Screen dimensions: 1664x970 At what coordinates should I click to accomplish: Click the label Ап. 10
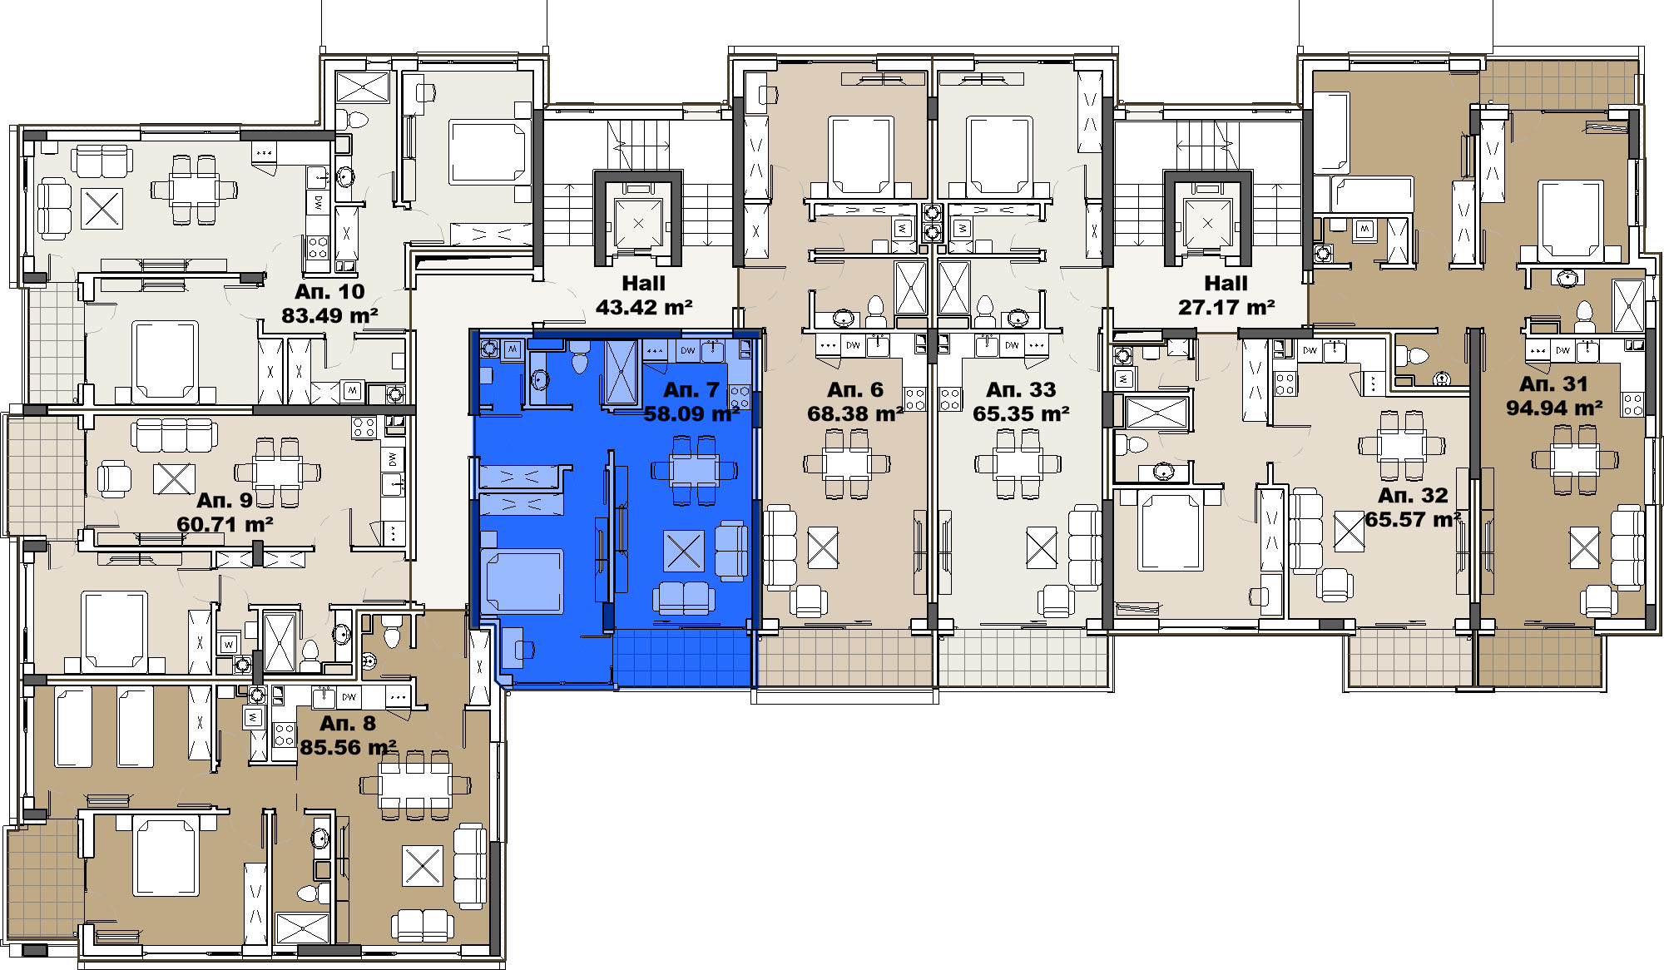point(329,292)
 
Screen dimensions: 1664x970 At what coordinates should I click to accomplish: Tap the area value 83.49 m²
point(329,316)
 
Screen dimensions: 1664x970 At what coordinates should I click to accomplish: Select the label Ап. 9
point(225,501)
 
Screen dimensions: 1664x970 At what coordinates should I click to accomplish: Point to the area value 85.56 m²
point(348,747)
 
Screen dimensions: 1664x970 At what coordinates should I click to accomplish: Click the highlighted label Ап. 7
point(691,390)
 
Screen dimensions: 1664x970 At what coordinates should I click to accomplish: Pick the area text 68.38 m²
point(855,413)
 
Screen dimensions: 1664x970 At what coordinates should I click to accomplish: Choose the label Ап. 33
point(1021,390)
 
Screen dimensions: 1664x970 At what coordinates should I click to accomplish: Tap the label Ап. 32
point(1413,496)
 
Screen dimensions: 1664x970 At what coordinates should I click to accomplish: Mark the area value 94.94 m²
point(1554,408)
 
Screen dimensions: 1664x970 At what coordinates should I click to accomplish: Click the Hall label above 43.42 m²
point(644,284)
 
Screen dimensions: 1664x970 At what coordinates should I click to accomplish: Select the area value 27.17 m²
point(1226,308)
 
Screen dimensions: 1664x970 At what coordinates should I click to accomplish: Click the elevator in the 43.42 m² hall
point(638,224)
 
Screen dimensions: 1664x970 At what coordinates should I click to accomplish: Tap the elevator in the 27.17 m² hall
point(1207,224)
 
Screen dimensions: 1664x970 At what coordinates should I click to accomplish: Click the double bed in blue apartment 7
point(522,581)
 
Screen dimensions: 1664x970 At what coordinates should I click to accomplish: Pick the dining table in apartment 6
point(847,463)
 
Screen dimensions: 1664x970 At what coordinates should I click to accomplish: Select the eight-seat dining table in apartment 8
point(415,784)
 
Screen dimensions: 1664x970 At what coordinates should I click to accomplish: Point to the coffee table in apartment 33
point(1042,547)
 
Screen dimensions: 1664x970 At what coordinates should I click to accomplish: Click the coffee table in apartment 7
point(684,551)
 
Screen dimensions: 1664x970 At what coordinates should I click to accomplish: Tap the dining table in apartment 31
point(1575,458)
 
